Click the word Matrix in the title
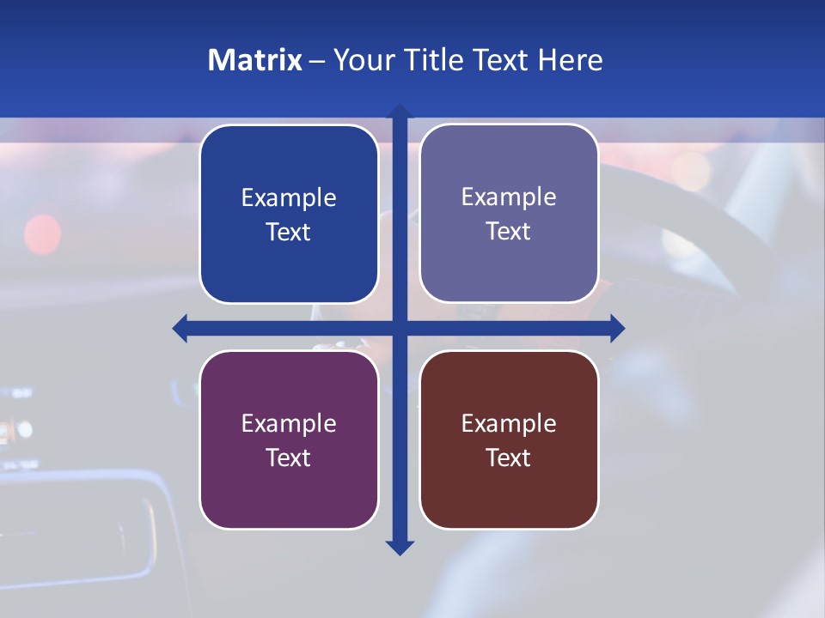(x=255, y=60)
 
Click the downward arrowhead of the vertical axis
(x=400, y=548)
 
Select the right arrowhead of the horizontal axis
(x=617, y=328)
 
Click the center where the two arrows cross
(x=400, y=328)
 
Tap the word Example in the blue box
(x=289, y=198)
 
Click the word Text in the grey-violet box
(x=509, y=232)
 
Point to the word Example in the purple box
(x=289, y=423)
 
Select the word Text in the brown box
(x=509, y=457)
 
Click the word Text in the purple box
(x=289, y=457)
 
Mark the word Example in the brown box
(x=509, y=423)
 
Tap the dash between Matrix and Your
(x=317, y=61)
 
